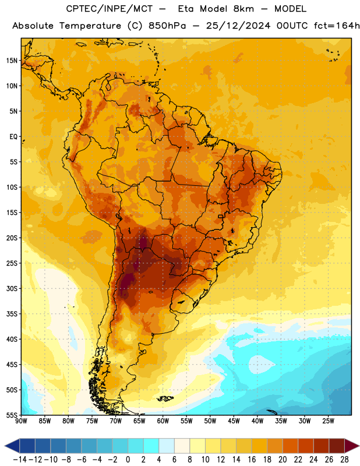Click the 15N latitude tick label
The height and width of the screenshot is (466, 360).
click(x=11, y=61)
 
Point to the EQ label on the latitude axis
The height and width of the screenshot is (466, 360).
click(x=13, y=137)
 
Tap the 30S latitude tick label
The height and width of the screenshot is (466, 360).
click(x=11, y=288)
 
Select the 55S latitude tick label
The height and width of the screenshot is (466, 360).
click(x=11, y=415)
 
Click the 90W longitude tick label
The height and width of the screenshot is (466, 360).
click(x=21, y=421)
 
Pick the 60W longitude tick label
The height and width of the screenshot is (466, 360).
click(x=163, y=421)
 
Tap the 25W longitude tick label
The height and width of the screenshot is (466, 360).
click(x=328, y=421)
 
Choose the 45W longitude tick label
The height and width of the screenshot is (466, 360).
click(x=234, y=421)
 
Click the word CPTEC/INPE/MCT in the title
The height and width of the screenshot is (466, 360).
click(x=109, y=9)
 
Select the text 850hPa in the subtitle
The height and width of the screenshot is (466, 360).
click(x=167, y=26)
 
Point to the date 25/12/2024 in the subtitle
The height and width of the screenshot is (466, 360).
click(x=238, y=26)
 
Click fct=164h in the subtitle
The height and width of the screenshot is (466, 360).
click(x=337, y=26)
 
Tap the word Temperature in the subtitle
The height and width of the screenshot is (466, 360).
click(x=90, y=26)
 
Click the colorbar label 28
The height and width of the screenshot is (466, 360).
click(x=344, y=460)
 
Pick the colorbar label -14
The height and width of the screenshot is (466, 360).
click(x=20, y=460)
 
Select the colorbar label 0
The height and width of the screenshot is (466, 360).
click(x=128, y=460)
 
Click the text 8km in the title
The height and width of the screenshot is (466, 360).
click(x=243, y=9)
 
